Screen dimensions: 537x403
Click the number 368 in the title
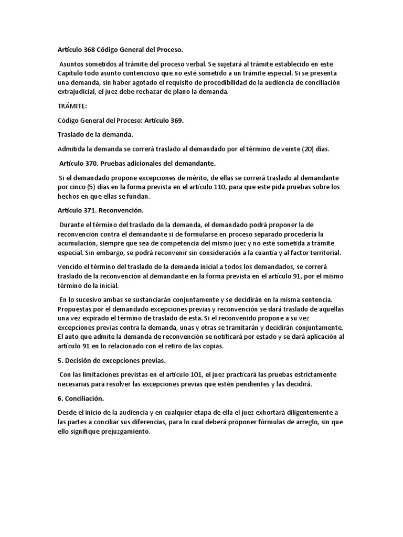coord(90,50)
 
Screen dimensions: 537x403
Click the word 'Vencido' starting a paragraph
coord(70,267)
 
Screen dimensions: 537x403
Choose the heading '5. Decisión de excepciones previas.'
coord(113,361)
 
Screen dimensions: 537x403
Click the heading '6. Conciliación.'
coord(81,399)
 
